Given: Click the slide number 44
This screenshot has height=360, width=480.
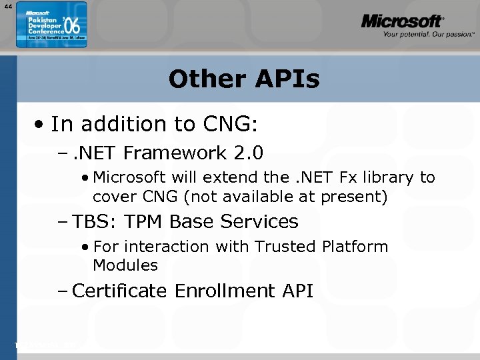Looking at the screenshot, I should [x=7, y=6].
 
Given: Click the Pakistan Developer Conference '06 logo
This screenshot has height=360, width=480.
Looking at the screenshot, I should [x=51, y=28].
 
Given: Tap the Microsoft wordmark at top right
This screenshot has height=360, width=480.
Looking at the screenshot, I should [x=402, y=21].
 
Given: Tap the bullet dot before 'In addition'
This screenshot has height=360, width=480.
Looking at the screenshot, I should [x=41, y=125].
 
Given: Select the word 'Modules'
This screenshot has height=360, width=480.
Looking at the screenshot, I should [x=125, y=265].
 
